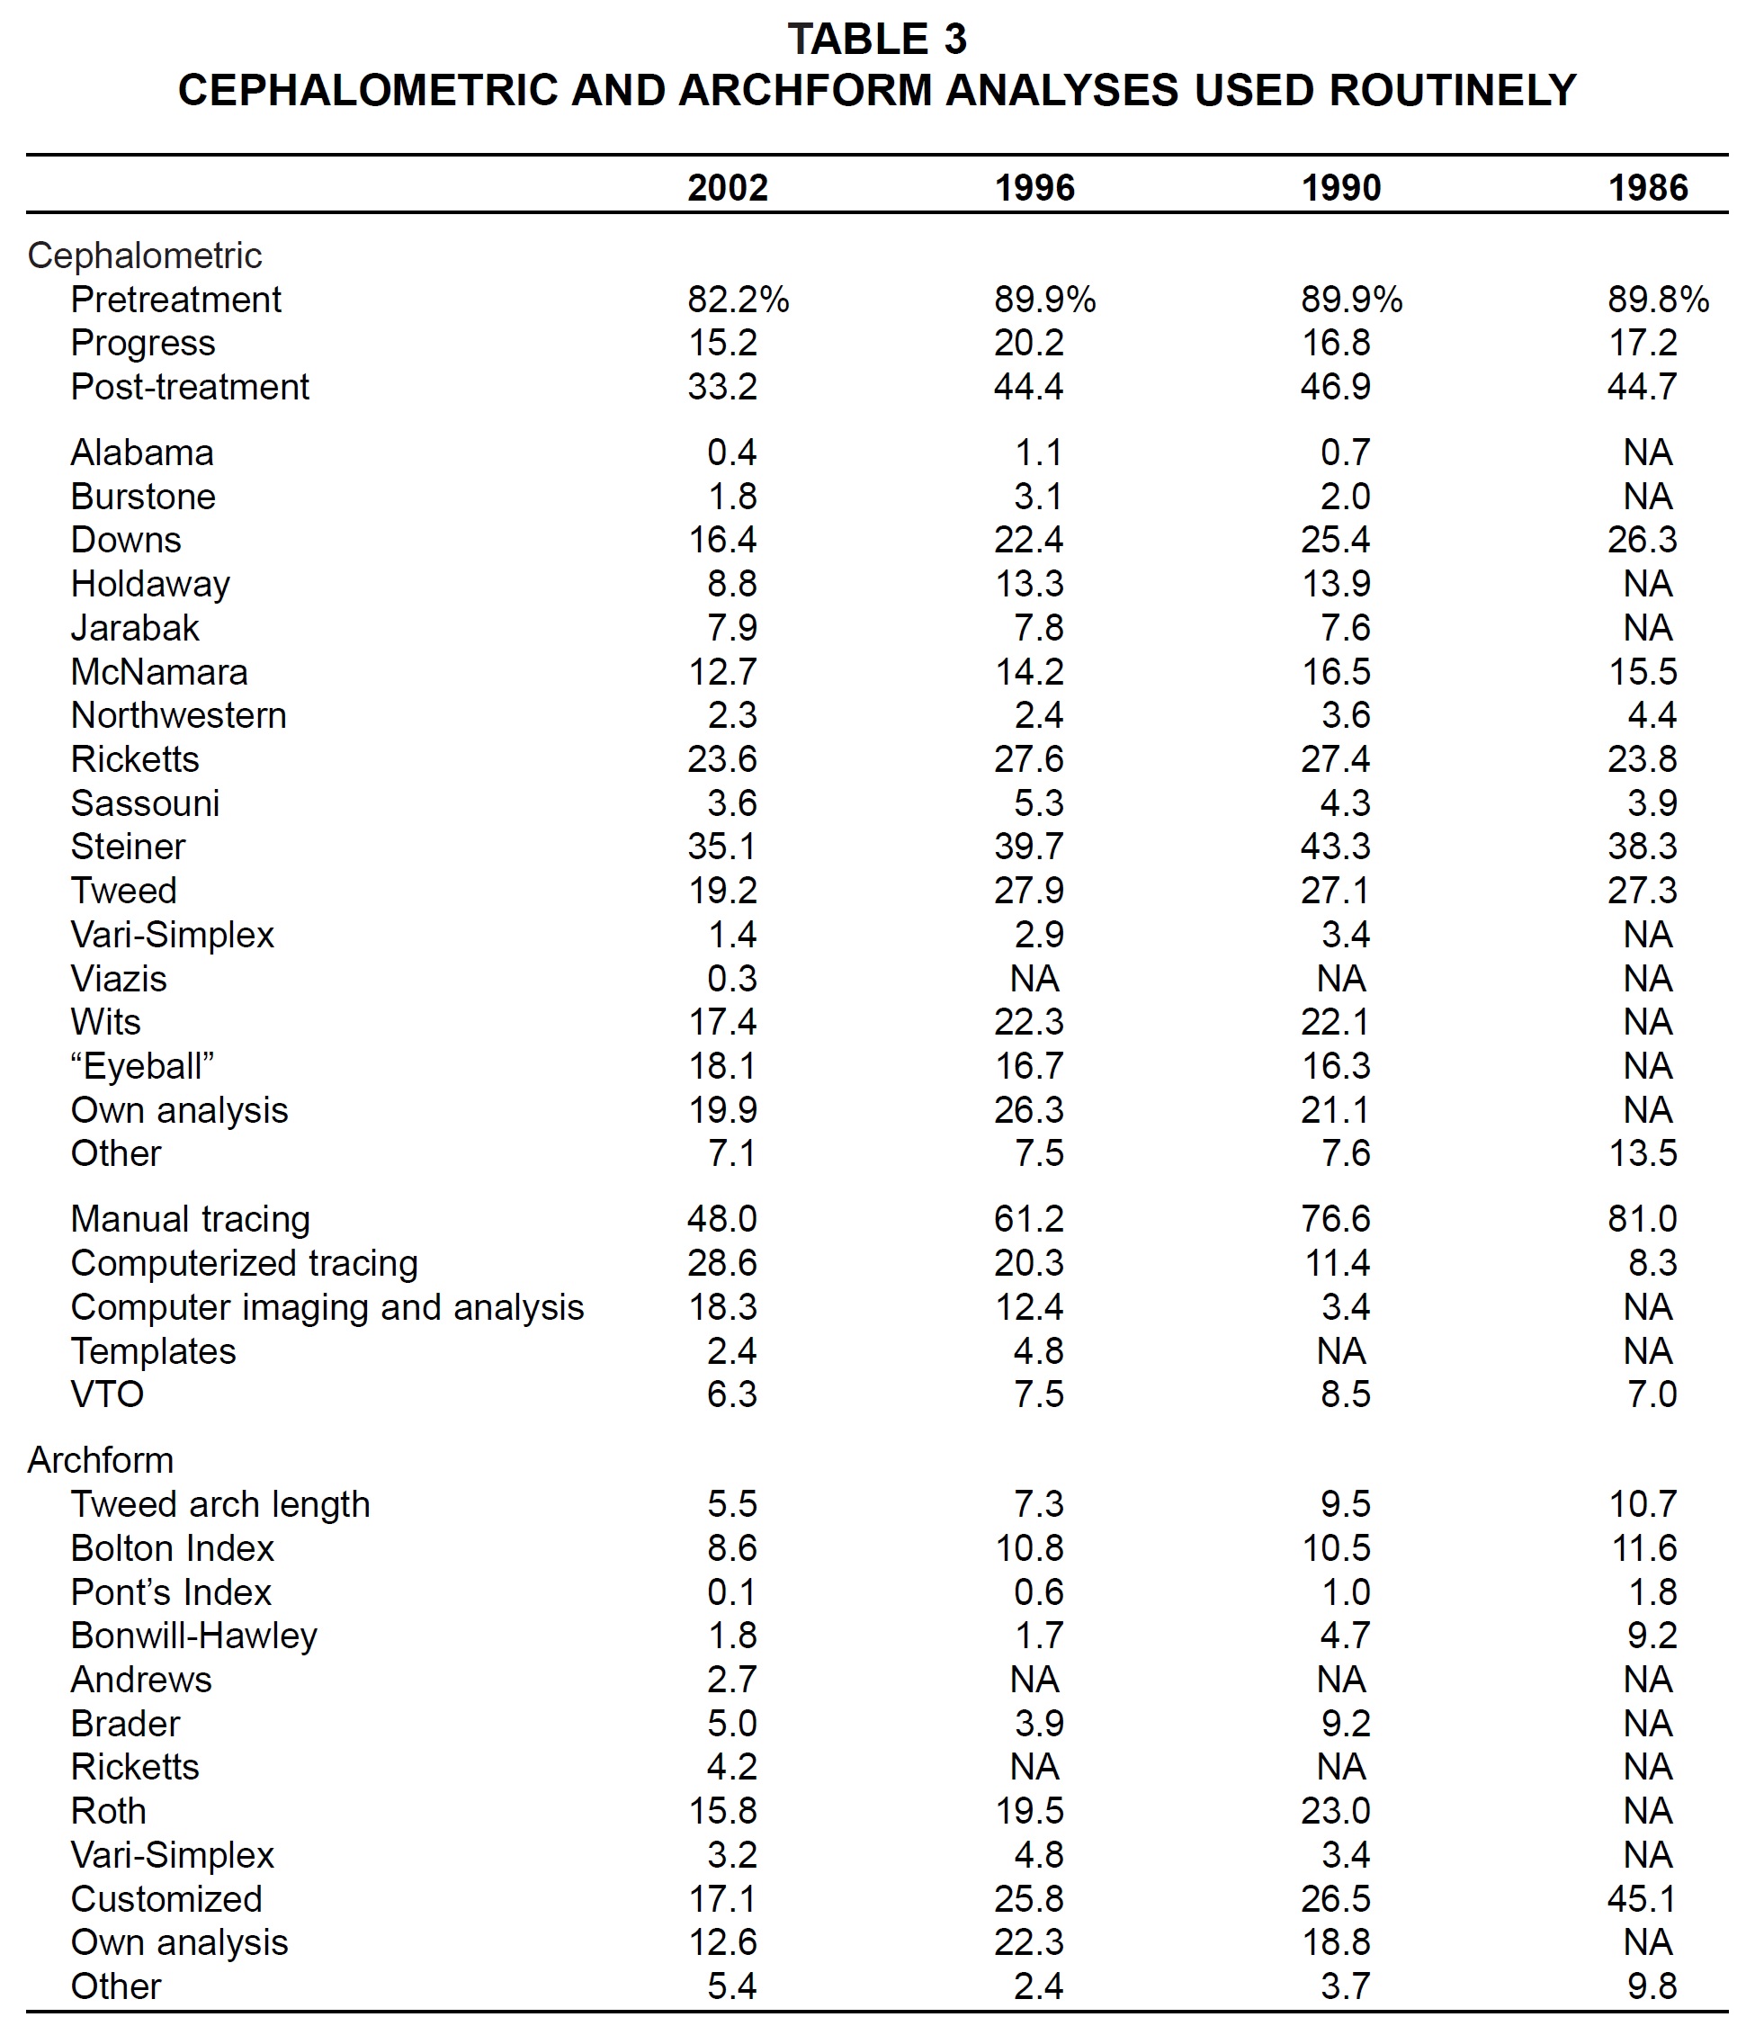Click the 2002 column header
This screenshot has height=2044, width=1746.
[727, 187]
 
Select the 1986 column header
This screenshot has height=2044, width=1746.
[1647, 187]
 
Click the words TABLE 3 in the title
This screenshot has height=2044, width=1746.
[877, 40]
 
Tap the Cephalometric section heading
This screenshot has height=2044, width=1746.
[145, 255]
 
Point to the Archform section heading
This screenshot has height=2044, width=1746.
[101, 1460]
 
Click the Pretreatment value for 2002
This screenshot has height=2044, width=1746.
[738, 299]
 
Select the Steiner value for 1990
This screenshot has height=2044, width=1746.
[1335, 847]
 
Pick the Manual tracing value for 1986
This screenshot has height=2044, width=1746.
[1642, 1218]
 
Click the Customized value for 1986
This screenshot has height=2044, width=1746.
[1642, 1898]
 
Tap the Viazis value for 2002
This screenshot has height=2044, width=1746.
[732, 978]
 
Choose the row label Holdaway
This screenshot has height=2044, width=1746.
[150, 584]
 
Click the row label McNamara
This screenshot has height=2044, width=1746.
[159, 672]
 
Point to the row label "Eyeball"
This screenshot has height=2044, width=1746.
[142, 1065]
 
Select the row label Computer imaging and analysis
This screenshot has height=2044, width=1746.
[327, 1307]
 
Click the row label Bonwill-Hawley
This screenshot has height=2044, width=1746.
[194, 1636]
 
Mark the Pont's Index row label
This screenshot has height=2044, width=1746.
[171, 1592]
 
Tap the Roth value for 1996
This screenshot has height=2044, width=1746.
[1029, 1810]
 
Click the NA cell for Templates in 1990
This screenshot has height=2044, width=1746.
[1340, 1350]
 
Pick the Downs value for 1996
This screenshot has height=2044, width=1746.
[1029, 540]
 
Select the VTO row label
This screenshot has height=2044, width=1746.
[108, 1394]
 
